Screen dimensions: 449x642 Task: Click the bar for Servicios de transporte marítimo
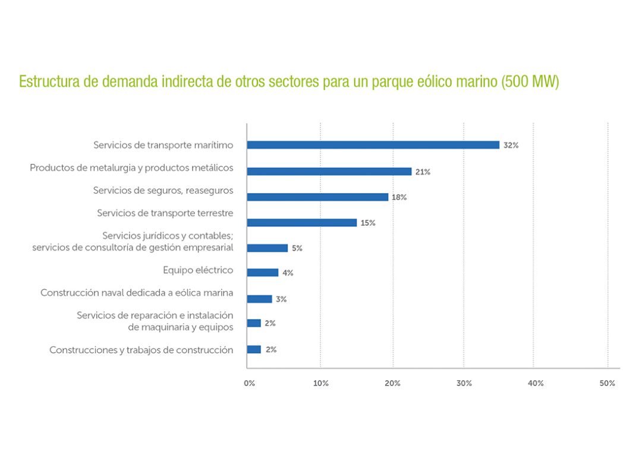tap(373, 145)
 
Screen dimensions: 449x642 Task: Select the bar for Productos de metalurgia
tap(329, 172)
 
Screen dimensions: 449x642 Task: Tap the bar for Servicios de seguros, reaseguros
tap(317, 197)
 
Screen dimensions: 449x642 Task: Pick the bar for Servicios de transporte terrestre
tap(301, 223)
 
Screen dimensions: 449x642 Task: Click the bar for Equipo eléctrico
tap(262, 273)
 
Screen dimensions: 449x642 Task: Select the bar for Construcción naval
tap(259, 299)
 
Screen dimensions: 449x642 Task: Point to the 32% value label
tap(511, 146)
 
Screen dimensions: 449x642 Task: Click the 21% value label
tap(423, 172)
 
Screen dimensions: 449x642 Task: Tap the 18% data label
tap(399, 198)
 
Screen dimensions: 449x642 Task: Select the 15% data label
tap(368, 223)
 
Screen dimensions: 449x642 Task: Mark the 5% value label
tap(297, 248)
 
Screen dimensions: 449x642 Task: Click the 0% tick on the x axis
tap(249, 384)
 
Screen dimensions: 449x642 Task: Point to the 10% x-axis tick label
tap(320, 384)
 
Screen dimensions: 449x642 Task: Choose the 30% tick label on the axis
tap(464, 384)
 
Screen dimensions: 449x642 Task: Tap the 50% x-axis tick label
tap(607, 384)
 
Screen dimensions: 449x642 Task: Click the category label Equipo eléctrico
tap(198, 271)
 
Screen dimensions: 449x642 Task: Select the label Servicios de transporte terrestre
tap(165, 213)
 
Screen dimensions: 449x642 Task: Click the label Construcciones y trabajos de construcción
tap(141, 350)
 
